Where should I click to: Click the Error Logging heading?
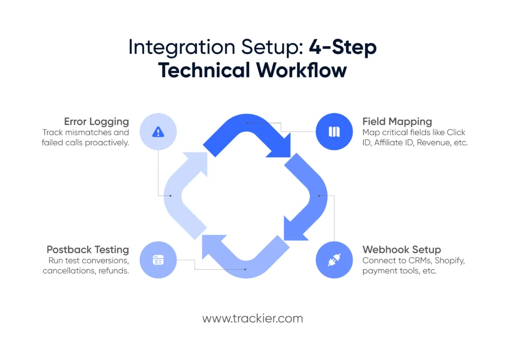[97, 122]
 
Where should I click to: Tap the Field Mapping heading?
[397, 122]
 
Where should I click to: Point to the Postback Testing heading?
[88, 250]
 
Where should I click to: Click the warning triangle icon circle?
[158, 132]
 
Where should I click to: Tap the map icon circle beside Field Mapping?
[334, 132]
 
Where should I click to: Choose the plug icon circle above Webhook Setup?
[334, 260]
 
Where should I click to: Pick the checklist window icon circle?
[158, 260]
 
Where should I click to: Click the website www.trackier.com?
[252, 319]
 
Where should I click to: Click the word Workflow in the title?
[301, 71]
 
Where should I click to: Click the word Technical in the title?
[204, 71]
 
